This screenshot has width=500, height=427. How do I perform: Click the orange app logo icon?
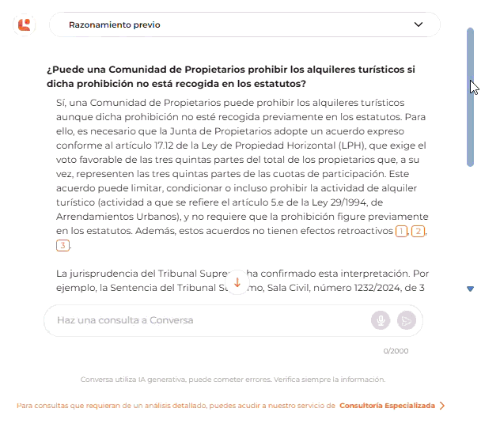tap(25, 25)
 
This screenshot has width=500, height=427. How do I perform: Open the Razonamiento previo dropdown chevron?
tap(419, 25)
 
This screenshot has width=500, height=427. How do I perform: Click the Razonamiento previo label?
tap(115, 25)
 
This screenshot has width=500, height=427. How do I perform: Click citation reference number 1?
tap(402, 231)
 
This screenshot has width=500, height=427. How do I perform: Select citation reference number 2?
tap(419, 231)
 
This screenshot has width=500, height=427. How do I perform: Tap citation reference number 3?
tap(62, 246)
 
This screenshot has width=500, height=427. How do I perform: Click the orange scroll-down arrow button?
tap(237, 282)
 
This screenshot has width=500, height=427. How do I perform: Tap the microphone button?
tap(381, 320)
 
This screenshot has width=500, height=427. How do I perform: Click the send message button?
tap(406, 320)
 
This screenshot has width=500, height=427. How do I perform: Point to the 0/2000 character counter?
tap(396, 350)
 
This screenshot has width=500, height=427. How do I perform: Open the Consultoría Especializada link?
tap(387, 406)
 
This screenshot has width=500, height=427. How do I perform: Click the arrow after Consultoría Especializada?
tap(442, 406)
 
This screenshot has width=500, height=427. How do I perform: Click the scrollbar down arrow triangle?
tap(471, 289)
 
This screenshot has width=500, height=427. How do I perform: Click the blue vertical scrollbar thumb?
tap(470, 95)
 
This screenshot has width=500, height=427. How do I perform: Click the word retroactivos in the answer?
tap(364, 231)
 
